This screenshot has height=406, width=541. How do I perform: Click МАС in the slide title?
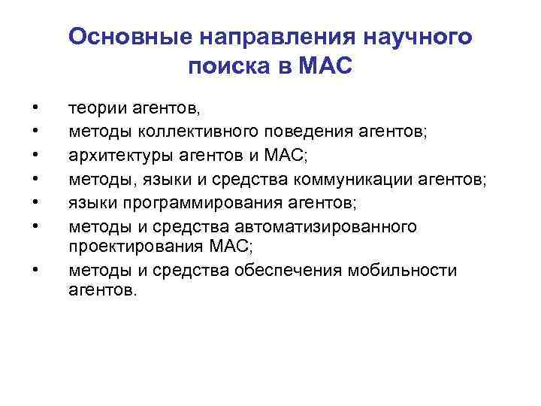(325, 68)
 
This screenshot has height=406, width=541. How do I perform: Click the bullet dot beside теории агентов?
(35, 110)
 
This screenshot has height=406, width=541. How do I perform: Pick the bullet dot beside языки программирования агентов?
(35, 203)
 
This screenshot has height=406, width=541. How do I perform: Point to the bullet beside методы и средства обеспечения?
(35, 268)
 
